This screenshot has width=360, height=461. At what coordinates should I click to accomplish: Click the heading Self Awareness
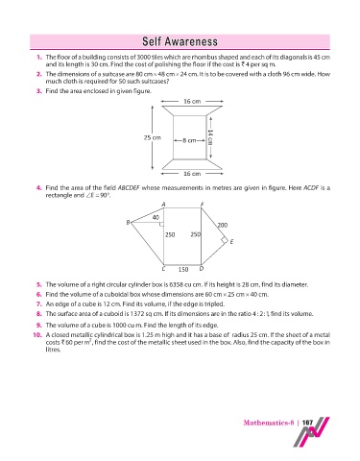click(180, 41)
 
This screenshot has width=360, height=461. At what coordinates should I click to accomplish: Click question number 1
click(39, 58)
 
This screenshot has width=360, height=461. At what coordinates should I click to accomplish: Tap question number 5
click(39, 284)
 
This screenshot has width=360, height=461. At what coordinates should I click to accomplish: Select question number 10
click(37, 335)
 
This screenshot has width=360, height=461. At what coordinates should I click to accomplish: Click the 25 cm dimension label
click(153, 138)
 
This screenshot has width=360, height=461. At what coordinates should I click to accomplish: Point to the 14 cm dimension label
click(210, 137)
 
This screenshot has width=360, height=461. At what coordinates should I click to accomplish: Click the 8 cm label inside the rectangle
click(189, 140)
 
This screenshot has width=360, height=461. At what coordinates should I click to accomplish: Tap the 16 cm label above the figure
click(192, 102)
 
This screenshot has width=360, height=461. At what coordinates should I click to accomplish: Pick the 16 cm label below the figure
click(192, 174)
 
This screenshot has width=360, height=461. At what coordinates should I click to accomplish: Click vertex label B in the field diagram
click(128, 222)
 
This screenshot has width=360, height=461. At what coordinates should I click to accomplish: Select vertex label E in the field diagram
click(231, 242)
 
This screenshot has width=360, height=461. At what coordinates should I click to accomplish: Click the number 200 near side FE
click(223, 225)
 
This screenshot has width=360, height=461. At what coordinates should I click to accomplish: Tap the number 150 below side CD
click(183, 270)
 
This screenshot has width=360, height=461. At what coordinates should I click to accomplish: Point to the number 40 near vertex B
click(156, 218)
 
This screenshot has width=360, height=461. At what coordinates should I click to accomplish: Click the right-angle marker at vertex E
click(225, 240)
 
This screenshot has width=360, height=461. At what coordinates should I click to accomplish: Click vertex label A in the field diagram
click(163, 205)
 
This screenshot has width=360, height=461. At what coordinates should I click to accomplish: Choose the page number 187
click(307, 423)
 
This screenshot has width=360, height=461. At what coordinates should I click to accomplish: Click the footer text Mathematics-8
click(269, 423)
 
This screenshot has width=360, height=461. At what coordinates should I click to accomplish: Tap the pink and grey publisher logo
click(311, 432)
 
